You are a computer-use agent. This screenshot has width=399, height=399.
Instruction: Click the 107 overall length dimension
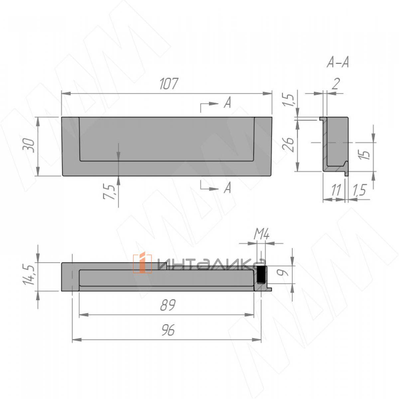(x=169, y=84)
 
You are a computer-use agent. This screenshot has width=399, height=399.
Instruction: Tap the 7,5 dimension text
(x=109, y=192)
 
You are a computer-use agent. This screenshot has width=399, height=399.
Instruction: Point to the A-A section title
(x=338, y=62)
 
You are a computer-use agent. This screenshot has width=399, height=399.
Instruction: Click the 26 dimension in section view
(x=288, y=145)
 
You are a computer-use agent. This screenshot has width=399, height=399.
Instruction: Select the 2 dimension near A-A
(x=336, y=84)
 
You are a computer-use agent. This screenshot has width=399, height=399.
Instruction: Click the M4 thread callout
(x=261, y=235)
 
